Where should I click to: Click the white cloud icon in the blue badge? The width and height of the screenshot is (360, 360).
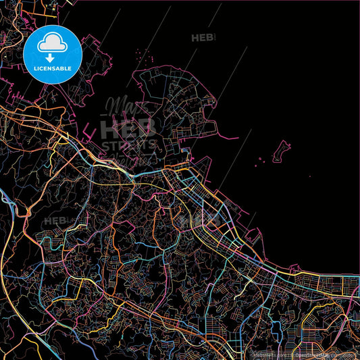click(53, 44)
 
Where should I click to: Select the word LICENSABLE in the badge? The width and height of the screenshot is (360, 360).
click(53, 68)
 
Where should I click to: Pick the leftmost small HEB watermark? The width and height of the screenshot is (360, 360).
click(55, 221)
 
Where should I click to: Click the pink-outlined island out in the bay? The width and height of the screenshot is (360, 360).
click(281, 152)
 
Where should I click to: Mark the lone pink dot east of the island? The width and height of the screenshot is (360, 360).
click(310, 177)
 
